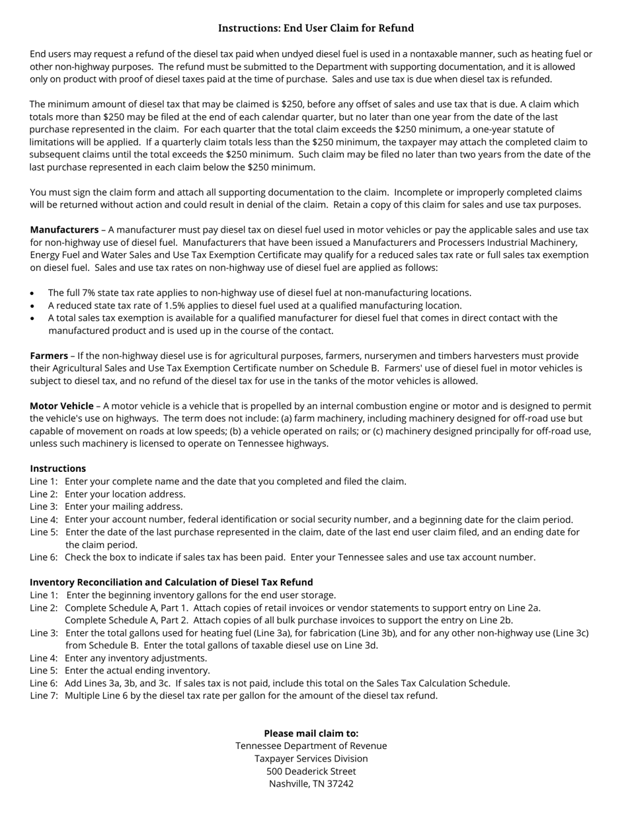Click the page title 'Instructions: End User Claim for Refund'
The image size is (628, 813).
[315, 28]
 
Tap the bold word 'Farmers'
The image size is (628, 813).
[49, 356]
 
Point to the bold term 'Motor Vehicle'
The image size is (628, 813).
[61, 406]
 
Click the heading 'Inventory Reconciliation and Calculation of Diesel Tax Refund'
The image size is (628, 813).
[171, 582]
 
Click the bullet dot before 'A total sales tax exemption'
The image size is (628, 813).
[32, 319]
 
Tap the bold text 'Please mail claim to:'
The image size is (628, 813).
[311, 733]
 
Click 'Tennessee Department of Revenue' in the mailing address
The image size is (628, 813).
[311, 746]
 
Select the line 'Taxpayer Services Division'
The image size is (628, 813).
[311, 758]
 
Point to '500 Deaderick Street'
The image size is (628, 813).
[311, 771]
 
